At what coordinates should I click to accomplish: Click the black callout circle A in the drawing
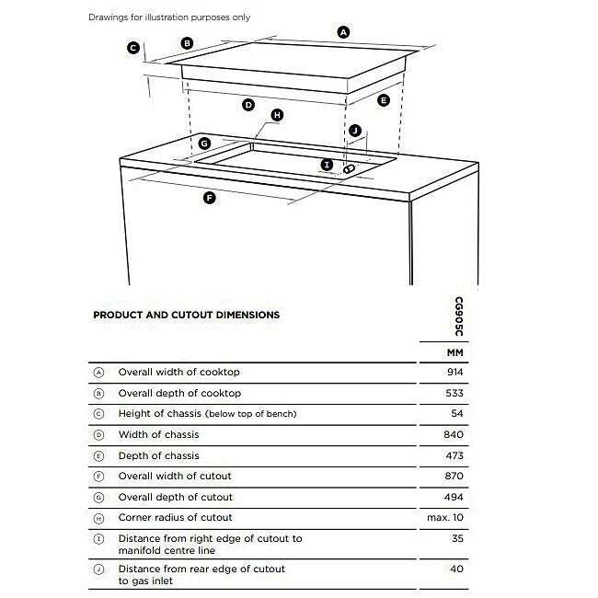pos(344,32)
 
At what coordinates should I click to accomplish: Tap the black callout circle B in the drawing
pos(187,42)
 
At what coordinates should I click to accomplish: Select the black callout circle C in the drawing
pos(133,48)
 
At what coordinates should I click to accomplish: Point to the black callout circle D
pos(247,106)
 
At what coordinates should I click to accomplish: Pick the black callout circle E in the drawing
pos(384,99)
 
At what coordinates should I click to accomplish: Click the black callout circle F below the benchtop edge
pos(209,198)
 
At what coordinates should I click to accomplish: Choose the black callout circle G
pos(204,144)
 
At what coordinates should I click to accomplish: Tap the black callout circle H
pos(277,115)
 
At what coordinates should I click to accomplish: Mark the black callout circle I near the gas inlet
pos(327,165)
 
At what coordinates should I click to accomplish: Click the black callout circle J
pos(356,132)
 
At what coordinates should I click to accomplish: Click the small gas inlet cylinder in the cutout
pos(349,169)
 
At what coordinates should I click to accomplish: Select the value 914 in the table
pos(455,373)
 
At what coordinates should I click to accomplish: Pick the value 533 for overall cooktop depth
pos(455,393)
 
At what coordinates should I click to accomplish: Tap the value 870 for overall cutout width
pos(455,476)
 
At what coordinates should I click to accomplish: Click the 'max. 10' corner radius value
pos(449,518)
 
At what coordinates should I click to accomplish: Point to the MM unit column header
pos(455,352)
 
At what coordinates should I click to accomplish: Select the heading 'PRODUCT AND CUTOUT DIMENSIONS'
pos(187,315)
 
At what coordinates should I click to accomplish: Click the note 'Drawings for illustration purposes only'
pos(169,17)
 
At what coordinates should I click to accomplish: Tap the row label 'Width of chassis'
pos(158,434)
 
